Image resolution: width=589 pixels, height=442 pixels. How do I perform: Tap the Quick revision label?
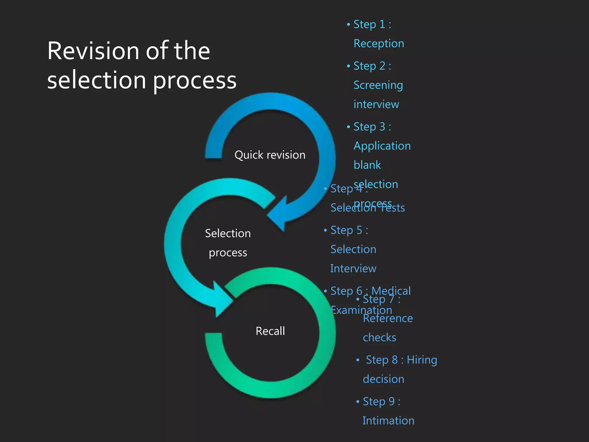[x=270, y=155]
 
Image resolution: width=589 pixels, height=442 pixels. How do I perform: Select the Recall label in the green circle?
[x=270, y=331]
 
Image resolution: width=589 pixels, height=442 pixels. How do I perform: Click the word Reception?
[x=379, y=44]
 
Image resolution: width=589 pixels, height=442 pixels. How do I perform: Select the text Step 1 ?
[x=372, y=24]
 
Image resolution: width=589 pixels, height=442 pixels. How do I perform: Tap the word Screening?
[x=378, y=85]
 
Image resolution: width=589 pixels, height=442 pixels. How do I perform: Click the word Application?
[x=382, y=146]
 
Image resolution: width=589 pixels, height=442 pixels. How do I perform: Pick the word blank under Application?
[x=367, y=165]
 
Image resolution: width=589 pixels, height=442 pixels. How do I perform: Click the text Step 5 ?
[x=349, y=230]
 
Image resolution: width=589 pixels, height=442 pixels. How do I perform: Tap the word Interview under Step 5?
[x=353, y=269]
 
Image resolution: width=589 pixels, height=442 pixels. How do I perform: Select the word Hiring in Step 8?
[x=422, y=360]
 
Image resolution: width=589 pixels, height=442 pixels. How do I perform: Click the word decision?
[x=383, y=379]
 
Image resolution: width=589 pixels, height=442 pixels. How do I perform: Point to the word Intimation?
[x=388, y=421]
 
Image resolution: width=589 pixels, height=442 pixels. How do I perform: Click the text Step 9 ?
[x=381, y=401]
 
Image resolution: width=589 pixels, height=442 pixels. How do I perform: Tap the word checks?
[x=379, y=338]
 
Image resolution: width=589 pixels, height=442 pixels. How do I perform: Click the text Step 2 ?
[x=372, y=66]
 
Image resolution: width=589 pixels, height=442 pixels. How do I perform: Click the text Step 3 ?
[x=372, y=127]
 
